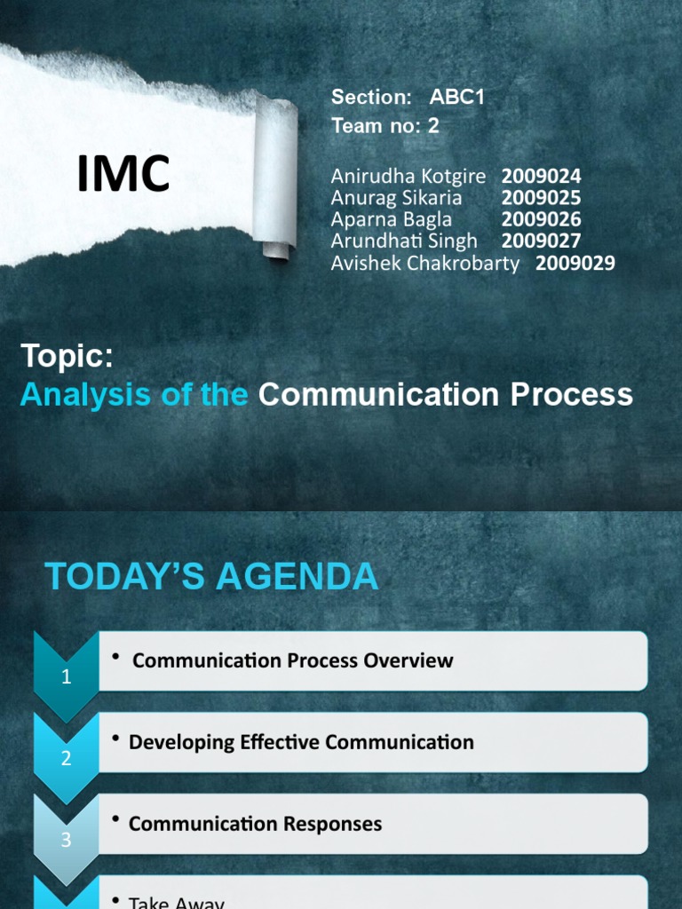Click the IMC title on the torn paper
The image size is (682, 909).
click(123, 174)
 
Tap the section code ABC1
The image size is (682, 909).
click(456, 98)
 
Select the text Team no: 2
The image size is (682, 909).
click(385, 126)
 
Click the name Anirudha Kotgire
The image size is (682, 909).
click(408, 177)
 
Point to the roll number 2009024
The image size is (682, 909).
click(541, 177)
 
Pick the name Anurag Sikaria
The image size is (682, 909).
click(396, 198)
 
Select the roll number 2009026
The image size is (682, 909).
click(541, 219)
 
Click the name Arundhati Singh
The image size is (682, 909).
click(404, 241)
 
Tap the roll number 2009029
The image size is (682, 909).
click(575, 263)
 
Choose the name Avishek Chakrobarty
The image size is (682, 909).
click(424, 263)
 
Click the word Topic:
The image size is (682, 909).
click(67, 358)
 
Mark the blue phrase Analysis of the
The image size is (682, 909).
click(133, 395)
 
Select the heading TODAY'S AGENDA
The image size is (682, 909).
click(211, 578)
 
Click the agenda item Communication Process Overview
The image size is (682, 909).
click(292, 660)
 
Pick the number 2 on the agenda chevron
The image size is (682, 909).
click(66, 759)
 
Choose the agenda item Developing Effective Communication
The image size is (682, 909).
click(301, 742)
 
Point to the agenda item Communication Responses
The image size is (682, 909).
click(255, 824)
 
